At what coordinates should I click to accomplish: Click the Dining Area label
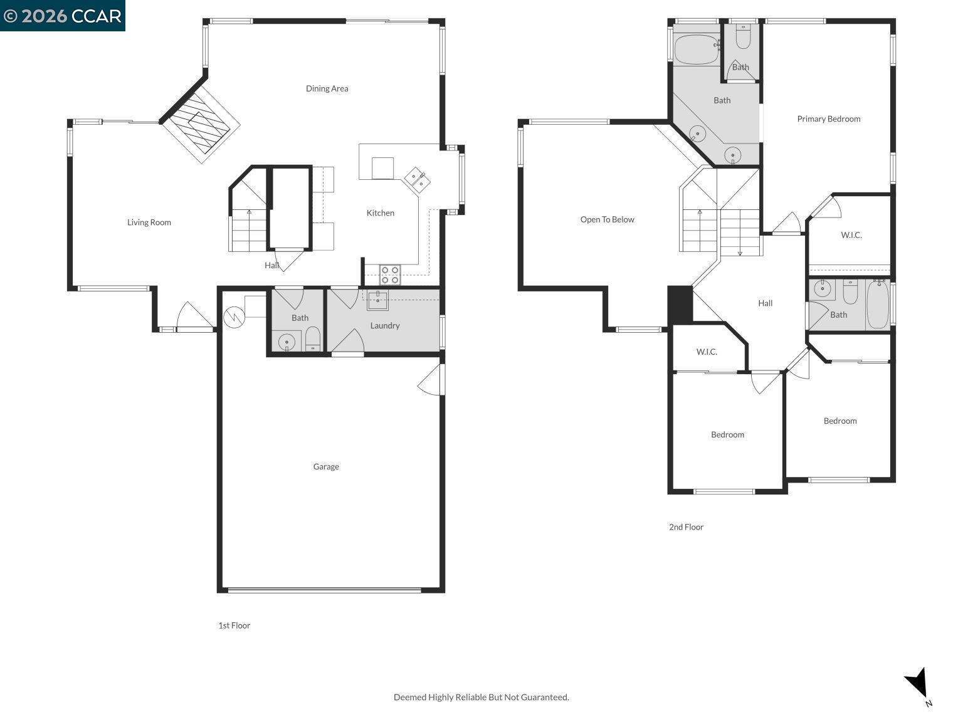click(x=327, y=88)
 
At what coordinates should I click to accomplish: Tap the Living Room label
click(x=149, y=222)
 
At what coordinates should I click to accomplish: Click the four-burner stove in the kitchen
click(x=390, y=275)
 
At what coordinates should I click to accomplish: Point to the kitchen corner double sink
click(x=417, y=179)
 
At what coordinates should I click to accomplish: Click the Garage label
click(x=326, y=466)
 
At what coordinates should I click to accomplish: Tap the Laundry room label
click(x=384, y=325)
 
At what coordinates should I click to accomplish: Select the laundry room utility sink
click(x=377, y=300)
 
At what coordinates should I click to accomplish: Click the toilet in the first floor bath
click(x=313, y=340)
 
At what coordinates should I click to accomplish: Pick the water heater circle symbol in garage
click(x=234, y=317)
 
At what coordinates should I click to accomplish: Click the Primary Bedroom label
click(x=828, y=119)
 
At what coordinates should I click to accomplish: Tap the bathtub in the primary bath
click(x=696, y=49)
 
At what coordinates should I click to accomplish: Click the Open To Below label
click(x=607, y=219)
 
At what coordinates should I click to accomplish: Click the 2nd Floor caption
click(x=686, y=527)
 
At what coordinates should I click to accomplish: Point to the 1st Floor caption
click(x=234, y=625)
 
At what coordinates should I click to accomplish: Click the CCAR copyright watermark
click(x=63, y=16)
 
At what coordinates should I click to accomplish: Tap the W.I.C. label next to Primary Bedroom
click(x=851, y=235)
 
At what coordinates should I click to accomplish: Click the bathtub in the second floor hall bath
click(x=878, y=305)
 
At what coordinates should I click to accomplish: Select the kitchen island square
click(x=382, y=168)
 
